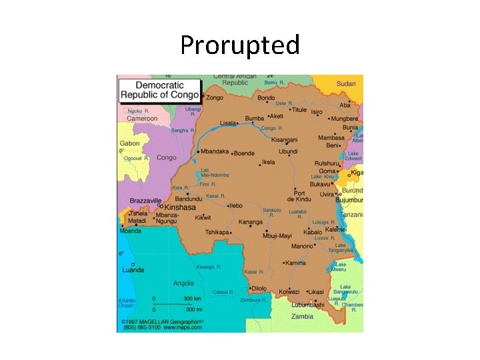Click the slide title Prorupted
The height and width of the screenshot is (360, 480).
(240, 45)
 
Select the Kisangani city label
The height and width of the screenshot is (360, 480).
(283, 140)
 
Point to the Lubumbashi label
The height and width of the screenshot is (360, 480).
(308, 305)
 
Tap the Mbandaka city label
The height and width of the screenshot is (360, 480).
(214, 151)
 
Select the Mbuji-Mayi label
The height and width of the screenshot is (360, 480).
(278, 235)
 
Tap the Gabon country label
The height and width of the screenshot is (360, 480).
(129, 143)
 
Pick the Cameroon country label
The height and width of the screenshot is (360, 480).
(142, 119)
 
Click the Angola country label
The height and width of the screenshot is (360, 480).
(183, 283)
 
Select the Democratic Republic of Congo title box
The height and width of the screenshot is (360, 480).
(159, 91)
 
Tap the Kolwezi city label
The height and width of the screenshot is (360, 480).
(289, 291)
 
